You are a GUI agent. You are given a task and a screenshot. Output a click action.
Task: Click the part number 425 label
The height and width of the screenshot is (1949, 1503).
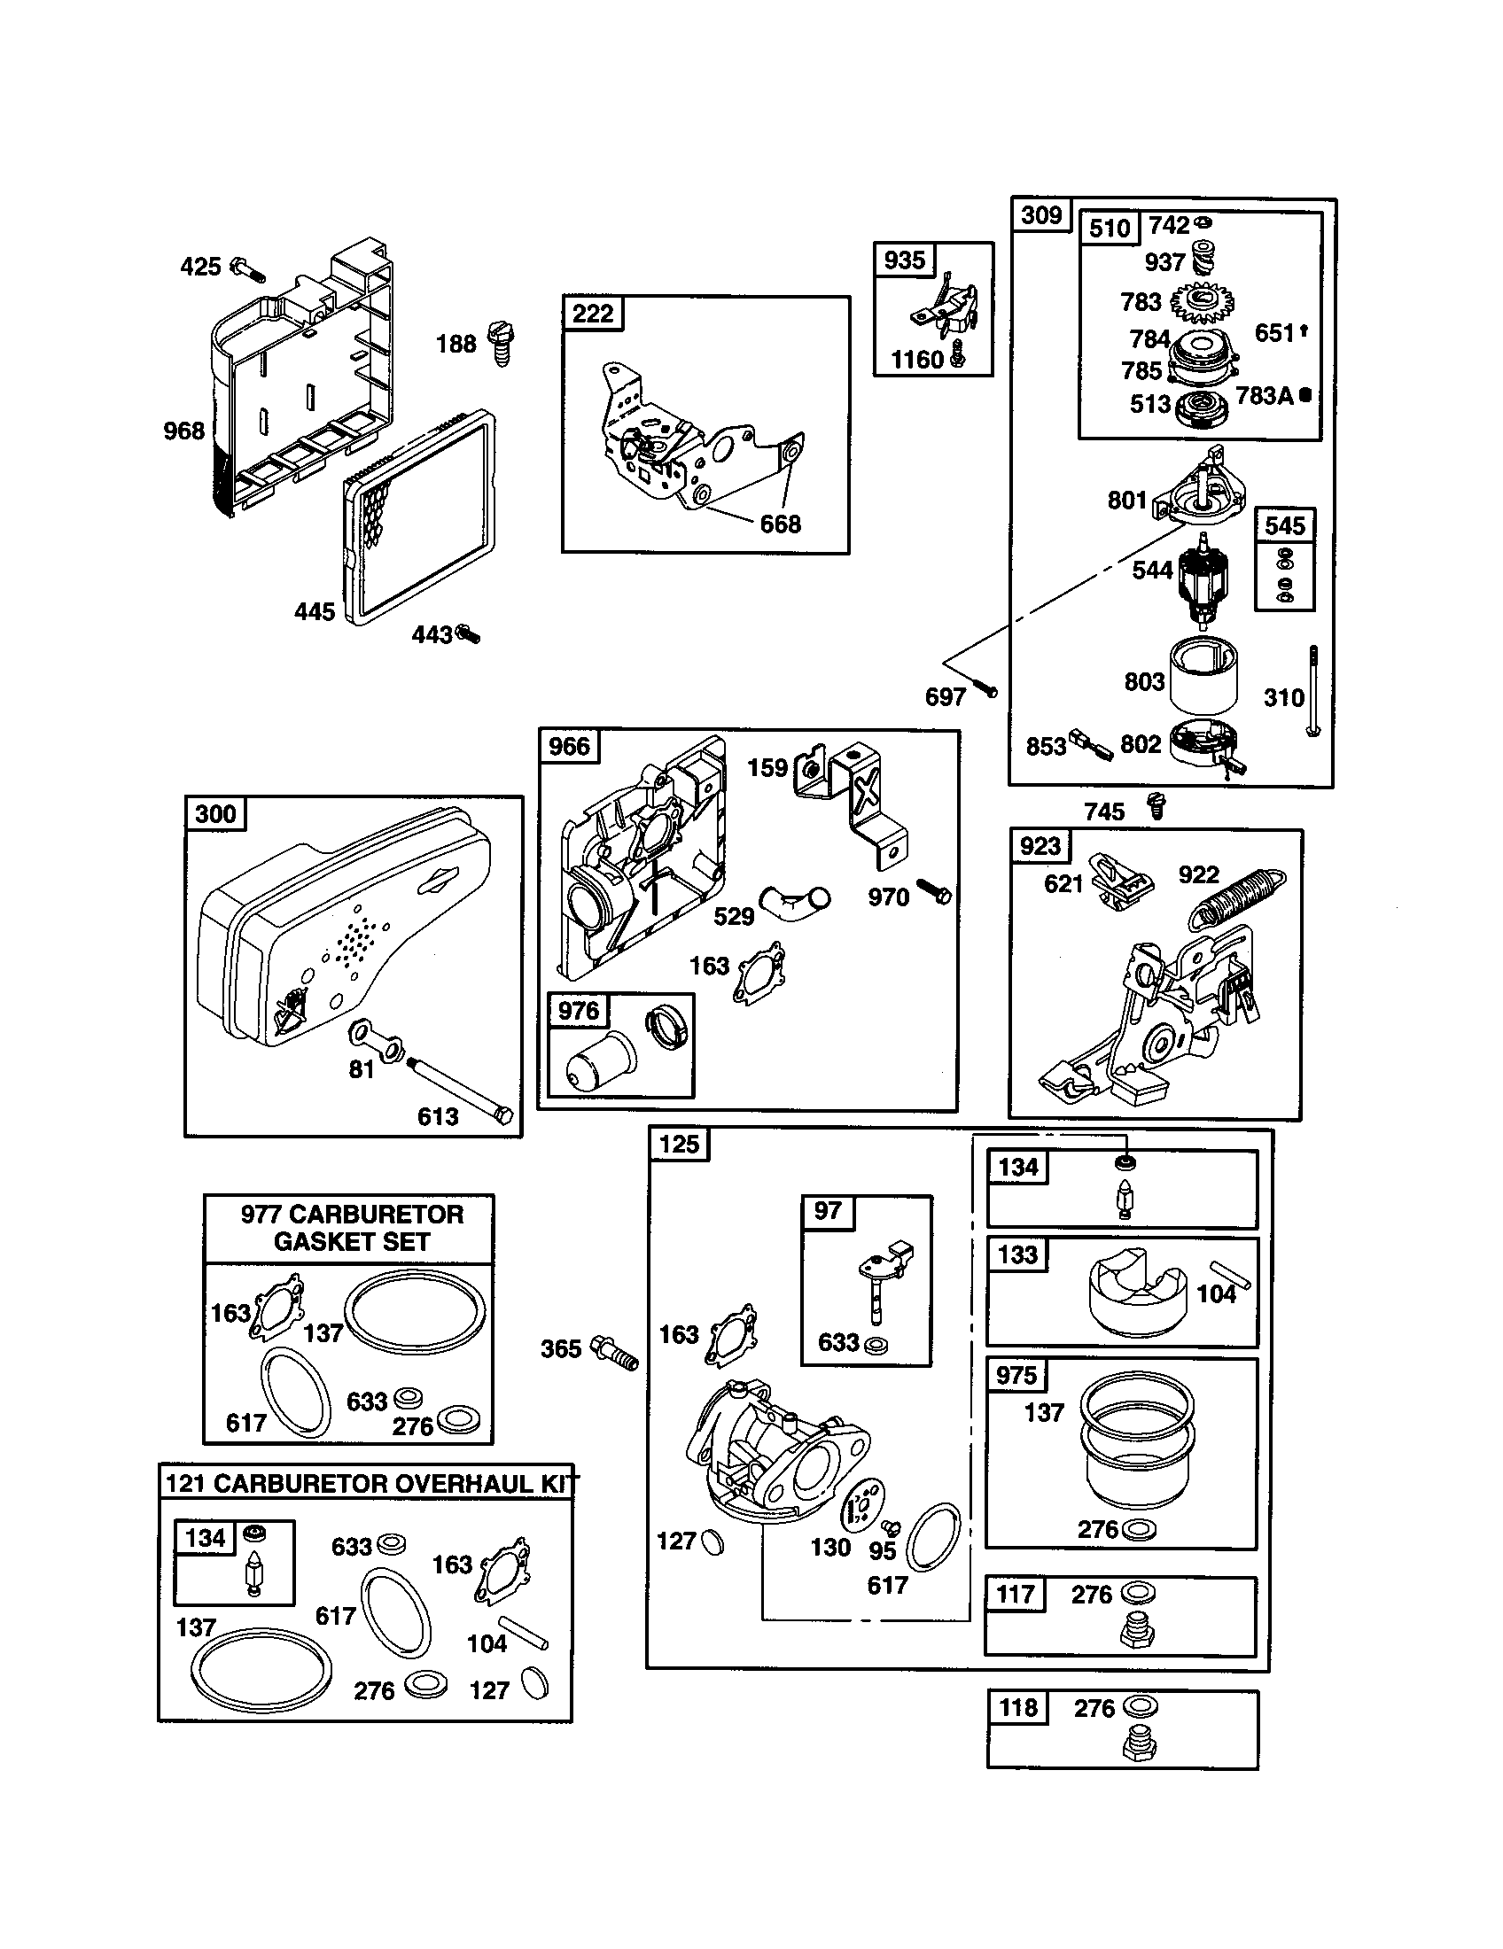200,267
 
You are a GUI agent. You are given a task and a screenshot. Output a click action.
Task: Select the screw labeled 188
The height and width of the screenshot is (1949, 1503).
502,344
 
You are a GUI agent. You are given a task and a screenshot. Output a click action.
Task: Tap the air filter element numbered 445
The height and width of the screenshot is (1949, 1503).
417,517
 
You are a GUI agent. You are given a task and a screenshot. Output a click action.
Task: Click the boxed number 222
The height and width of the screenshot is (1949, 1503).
593,314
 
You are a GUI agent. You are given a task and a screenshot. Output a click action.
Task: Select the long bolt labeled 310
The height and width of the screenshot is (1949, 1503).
1313,692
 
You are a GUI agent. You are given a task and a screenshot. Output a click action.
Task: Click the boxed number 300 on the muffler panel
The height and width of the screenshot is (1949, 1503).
215,814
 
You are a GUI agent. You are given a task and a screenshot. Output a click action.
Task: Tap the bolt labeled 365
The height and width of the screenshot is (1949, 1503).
616,1349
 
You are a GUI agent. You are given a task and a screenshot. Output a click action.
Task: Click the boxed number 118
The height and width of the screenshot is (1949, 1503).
1018,1707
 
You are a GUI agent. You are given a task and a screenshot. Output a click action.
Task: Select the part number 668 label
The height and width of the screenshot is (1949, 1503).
780,524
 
